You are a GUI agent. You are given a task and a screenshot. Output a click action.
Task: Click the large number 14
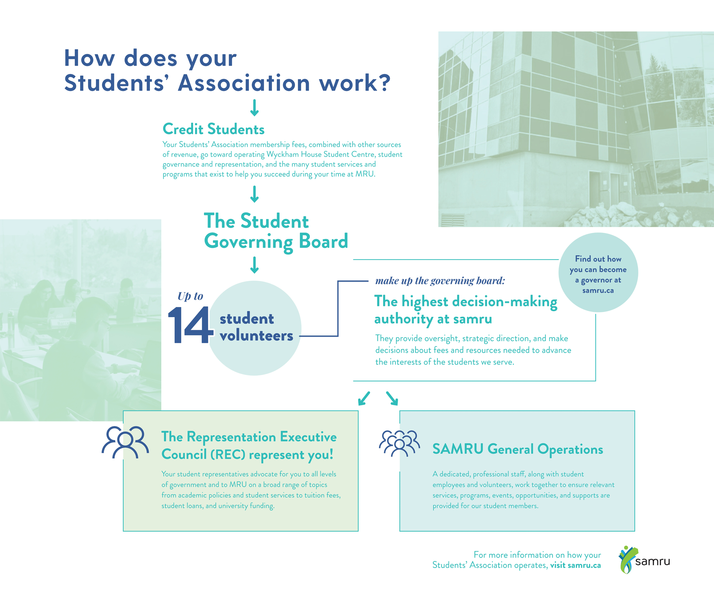tap(190, 326)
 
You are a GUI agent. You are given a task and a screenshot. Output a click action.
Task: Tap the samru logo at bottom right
tap(644, 560)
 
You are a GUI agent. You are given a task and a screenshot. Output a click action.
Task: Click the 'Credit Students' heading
tap(213, 129)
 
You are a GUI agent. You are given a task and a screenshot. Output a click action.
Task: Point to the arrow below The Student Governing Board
tap(255, 265)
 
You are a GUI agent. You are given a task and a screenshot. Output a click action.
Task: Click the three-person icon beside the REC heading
tap(125, 442)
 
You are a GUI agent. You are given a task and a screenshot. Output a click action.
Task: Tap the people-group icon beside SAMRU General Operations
tap(399, 443)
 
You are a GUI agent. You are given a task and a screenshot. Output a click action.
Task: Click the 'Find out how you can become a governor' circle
tap(598, 272)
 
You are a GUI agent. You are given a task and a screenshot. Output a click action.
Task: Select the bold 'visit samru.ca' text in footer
tap(575, 565)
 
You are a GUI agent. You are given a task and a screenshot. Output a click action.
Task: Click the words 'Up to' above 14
tap(190, 296)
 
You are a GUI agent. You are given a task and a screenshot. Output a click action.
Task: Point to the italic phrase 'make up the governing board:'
tap(440, 281)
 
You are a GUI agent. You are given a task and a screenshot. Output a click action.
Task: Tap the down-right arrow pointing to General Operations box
tap(392, 398)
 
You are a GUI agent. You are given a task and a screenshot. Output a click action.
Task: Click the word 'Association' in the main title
tap(244, 83)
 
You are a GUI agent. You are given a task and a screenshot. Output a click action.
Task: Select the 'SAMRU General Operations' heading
tap(517, 449)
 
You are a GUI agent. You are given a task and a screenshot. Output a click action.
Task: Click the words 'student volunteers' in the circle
tap(256, 327)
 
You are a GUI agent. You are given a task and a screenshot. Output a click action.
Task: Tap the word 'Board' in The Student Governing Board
tap(323, 241)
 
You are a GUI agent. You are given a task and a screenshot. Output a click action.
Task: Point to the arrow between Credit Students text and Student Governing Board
tap(255, 194)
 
